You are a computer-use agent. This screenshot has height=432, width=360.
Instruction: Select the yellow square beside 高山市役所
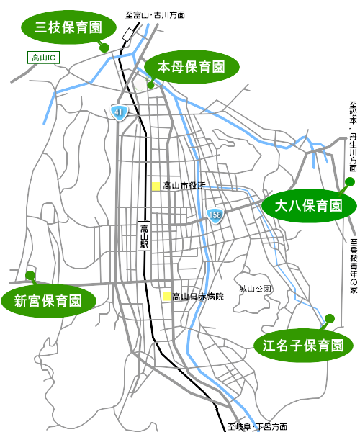156,186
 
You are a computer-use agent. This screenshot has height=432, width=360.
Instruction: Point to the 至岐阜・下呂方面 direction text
257,426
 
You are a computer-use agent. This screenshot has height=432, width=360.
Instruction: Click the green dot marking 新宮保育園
30,275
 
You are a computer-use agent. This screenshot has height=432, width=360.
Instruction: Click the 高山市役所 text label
184,186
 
